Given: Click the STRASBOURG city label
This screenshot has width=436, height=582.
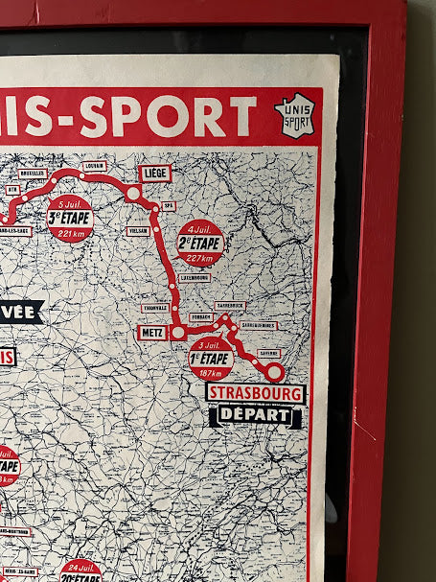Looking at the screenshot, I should tap(256, 393).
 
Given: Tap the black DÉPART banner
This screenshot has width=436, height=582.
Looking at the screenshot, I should tap(255, 415).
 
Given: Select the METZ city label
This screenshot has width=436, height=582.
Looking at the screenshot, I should tap(151, 333).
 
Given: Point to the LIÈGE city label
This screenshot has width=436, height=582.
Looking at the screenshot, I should tap(154, 174).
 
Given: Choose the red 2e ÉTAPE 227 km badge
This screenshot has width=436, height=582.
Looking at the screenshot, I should tap(200, 243).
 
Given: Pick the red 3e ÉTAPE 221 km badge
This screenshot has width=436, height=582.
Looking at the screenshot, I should tap(70, 219).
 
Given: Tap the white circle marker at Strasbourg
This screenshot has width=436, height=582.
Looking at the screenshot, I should tap(274, 372).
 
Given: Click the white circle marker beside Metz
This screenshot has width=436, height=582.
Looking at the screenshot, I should tap(178, 332).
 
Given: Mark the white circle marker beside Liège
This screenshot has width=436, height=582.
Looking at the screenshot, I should tap(133, 193).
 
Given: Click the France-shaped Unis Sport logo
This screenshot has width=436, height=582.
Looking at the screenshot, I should tap(293, 115).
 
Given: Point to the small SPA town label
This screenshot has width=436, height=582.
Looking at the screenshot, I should tap(169, 205).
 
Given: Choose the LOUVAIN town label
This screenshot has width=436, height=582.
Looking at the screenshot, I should tap(94, 166).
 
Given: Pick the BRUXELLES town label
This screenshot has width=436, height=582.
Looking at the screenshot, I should tap(33, 174).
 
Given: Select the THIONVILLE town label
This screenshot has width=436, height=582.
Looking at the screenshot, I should tap(155, 308).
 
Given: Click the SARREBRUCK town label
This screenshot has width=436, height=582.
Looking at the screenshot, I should tap(230, 306).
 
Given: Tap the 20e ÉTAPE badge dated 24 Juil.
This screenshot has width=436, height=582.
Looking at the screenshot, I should tap(80, 571).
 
